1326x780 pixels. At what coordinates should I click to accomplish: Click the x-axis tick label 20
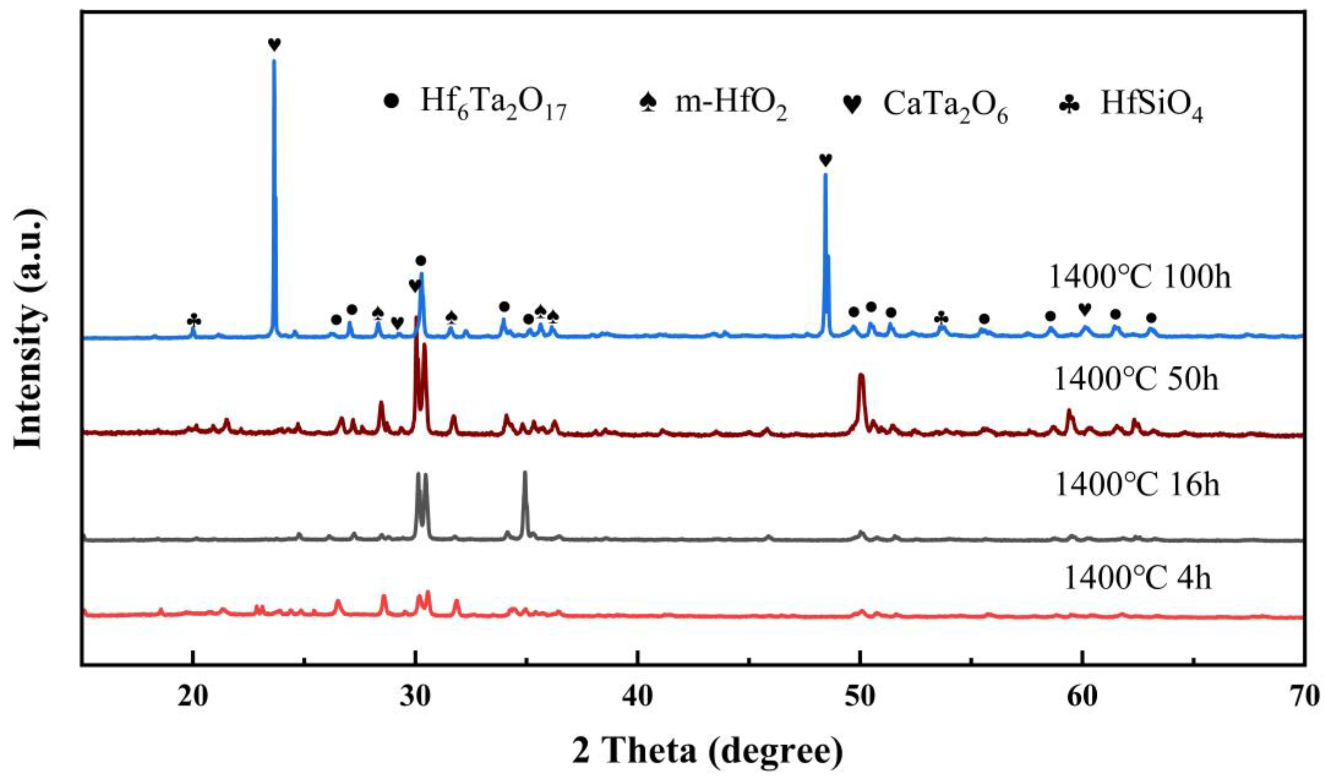click(x=193, y=697)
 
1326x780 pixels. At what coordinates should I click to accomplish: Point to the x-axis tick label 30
click(x=416, y=697)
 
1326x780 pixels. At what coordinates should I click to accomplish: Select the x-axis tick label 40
click(x=638, y=697)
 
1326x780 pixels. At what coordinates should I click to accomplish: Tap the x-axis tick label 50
click(x=860, y=697)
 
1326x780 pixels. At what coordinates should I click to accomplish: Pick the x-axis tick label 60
click(x=1082, y=697)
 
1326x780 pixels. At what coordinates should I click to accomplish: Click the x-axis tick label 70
click(x=1304, y=697)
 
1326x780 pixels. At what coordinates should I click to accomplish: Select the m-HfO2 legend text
click(x=732, y=103)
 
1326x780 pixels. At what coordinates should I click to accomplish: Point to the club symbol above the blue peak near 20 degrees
click(x=194, y=320)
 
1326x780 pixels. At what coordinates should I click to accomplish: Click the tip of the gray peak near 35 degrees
click(x=525, y=472)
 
